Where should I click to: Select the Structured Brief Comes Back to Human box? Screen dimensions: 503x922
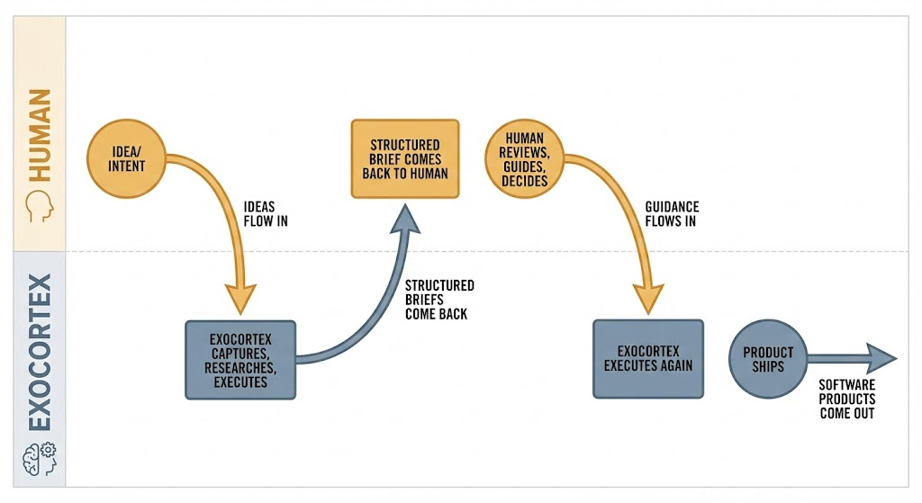tap(404, 159)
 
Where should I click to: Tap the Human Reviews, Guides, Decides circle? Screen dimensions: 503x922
tap(526, 159)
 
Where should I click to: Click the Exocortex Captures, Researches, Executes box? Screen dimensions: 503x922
tap(240, 360)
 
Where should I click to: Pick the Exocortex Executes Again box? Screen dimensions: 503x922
tap(647, 359)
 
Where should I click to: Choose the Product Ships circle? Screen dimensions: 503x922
tap(767, 359)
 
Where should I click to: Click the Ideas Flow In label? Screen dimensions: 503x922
tap(266, 213)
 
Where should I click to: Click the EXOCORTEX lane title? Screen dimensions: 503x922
tap(39, 356)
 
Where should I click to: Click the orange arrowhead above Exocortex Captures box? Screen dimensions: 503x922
tap(240, 298)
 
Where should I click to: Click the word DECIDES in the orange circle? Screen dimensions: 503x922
tap(526, 180)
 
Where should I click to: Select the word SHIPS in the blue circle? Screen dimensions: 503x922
tap(767, 366)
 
